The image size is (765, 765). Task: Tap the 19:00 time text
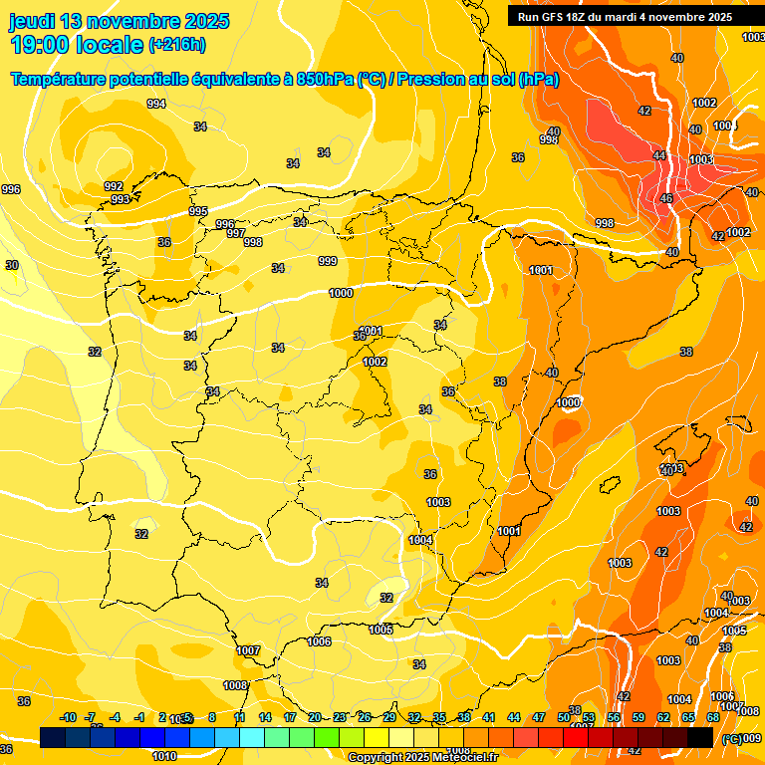click(44, 45)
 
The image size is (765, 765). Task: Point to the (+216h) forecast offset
click(176, 45)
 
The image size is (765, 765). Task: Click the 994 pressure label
click(156, 104)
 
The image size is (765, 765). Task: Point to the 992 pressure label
click(114, 186)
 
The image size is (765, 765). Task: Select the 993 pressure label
click(120, 199)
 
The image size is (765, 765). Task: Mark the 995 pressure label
click(198, 211)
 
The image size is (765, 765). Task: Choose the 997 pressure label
click(236, 233)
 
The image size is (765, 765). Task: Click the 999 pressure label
click(328, 261)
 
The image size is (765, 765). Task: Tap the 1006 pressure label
click(319, 641)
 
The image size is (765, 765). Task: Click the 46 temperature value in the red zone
click(666, 199)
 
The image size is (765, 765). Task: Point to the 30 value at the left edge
click(12, 265)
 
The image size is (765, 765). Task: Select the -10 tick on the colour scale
click(69, 717)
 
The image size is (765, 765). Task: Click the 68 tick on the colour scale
click(713, 717)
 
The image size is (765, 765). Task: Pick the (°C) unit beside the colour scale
click(732, 739)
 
